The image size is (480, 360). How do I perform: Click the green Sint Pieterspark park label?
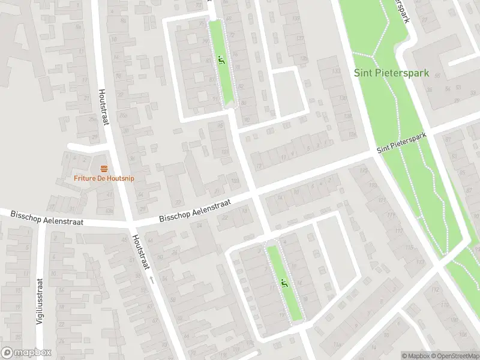[x=391, y=73]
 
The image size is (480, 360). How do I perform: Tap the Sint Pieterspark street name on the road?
[x=401, y=143]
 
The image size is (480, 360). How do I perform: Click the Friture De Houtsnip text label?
[x=104, y=178]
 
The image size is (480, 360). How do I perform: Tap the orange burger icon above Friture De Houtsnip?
[x=104, y=168]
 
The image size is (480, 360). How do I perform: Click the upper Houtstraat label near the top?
[x=103, y=107]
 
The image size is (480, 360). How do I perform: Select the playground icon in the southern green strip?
[x=282, y=283]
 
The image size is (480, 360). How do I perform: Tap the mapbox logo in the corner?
[x=26, y=353]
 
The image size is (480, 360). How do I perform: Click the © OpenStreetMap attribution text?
[x=454, y=356]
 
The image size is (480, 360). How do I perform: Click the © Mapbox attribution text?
[x=415, y=356]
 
